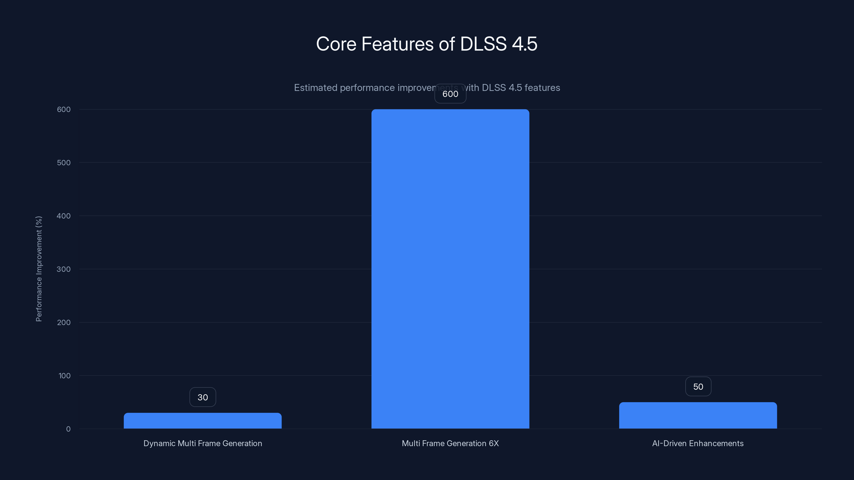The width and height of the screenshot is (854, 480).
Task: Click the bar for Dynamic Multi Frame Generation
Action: point(203,421)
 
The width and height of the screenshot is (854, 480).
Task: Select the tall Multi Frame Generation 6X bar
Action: point(450,269)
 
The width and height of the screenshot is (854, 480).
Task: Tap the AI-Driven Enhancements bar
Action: point(698,415)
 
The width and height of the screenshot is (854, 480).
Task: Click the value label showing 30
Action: point(203,397)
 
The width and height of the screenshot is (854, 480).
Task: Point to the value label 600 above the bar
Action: point(450,94)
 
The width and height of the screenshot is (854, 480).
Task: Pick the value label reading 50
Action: point(698,387)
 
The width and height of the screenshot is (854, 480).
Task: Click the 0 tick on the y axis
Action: point(68,429)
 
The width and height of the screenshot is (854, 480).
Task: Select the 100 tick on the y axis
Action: point(64,376)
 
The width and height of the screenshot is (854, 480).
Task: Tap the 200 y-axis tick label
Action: point(64,322)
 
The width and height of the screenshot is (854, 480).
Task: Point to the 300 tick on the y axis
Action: point(64,269)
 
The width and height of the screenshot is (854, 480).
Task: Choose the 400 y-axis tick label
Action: point(64,216)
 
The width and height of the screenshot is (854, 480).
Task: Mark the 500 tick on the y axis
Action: point(64,163)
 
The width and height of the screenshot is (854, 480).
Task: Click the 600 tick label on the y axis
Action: point(64,109)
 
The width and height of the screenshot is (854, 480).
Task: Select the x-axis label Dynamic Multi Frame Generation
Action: point(203,443)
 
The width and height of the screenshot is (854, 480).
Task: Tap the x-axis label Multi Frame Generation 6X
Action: point(450,443)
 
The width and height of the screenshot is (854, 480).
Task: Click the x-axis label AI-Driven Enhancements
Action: point(698,443)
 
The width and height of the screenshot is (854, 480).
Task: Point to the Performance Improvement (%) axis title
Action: point(39,269)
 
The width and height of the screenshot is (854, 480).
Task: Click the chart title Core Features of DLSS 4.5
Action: point(427,44)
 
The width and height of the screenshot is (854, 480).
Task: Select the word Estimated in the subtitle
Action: point(315,88)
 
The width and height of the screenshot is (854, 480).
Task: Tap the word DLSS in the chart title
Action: point(483,44)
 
